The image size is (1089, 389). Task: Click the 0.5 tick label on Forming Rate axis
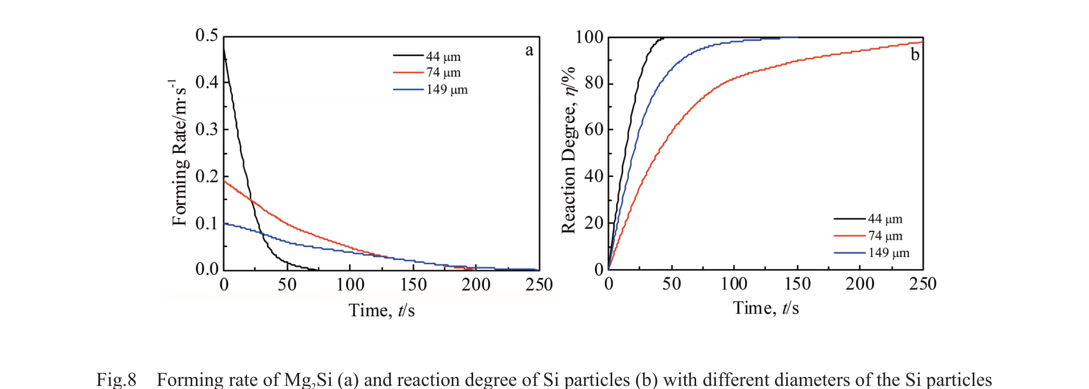click(x=206, y=35)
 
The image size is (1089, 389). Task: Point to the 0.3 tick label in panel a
click(x=206, y=129)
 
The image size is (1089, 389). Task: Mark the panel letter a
click(x=529, y=51)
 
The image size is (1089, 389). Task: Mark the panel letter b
click(x=915, y=54)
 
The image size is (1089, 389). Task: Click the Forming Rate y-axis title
click(x=179, y=153)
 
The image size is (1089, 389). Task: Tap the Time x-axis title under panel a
click(x=381, y=310)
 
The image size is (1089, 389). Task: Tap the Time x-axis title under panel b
click(x=765, y=308)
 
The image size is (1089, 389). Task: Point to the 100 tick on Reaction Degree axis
click(x=589, y=37)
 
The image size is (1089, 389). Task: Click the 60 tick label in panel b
click(x=594, y=129)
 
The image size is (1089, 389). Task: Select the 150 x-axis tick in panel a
click(x=413, y=285)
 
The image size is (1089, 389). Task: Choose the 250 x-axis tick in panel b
click(x=922, y=284)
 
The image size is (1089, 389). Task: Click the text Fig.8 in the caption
click(x=116, y=379)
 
